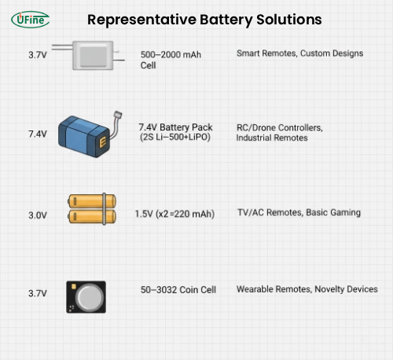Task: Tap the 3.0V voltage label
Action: (38, 214)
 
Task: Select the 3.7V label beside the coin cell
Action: (38, 293)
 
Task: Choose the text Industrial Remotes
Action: (272, 138)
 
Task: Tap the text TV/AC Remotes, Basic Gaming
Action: (299, 213)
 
